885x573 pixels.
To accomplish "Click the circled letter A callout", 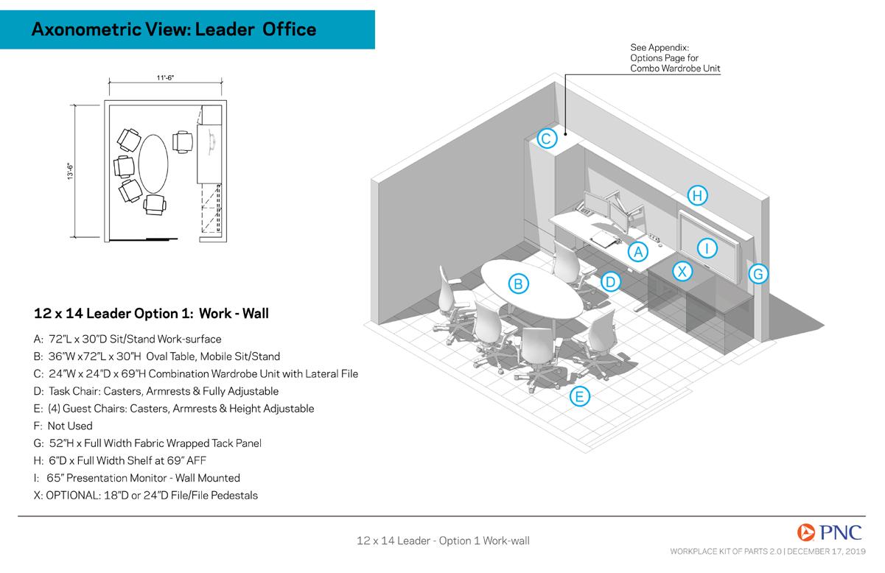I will [638, 252].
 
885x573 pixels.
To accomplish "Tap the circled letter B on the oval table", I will [518, 283].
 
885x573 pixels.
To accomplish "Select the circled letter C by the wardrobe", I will [546, 138].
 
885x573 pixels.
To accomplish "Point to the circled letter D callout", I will [609, 281].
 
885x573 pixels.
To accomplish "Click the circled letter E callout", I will [579, 396].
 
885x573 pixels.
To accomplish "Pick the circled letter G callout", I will [758, 275].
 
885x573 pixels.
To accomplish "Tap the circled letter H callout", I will [697, 195].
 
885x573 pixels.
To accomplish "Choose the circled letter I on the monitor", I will [707, 247].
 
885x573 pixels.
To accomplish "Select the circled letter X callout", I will [683, 271].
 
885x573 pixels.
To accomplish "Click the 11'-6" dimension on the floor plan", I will [164, 76].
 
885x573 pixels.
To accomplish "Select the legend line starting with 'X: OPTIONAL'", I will [146, 496].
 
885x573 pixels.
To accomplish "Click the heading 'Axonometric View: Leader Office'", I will [174, 30].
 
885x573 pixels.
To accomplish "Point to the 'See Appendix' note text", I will [674, 58].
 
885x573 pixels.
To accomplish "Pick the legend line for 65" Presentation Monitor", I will [137, 478].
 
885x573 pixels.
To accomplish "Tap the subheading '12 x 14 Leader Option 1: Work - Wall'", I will [151, 314].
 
